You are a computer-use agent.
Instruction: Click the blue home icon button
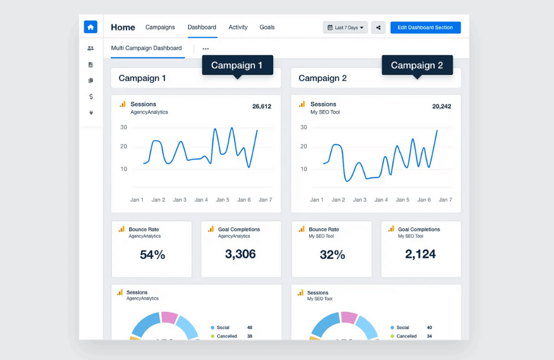90,27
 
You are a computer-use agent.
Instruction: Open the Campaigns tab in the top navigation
160,27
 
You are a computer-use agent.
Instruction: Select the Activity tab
238,27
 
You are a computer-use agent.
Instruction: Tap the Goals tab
267,27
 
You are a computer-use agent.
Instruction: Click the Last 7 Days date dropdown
345,28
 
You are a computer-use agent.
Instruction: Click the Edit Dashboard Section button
425,28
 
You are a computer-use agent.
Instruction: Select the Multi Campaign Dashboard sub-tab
146,48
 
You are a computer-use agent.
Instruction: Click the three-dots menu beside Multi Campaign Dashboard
206,49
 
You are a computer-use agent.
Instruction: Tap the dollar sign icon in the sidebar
91,96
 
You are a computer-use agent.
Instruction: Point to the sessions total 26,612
261,106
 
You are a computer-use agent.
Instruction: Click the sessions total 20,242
442,106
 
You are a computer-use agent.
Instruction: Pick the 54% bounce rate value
152,255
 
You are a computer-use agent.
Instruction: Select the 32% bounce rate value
332,255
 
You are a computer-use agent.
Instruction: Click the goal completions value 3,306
240,254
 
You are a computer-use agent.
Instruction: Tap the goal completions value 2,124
420,254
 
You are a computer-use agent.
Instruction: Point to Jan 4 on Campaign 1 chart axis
201,200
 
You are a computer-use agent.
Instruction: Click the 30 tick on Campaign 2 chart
304,127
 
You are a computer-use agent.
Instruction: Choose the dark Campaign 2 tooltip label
417,65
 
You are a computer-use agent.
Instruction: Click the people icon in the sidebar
91,48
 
